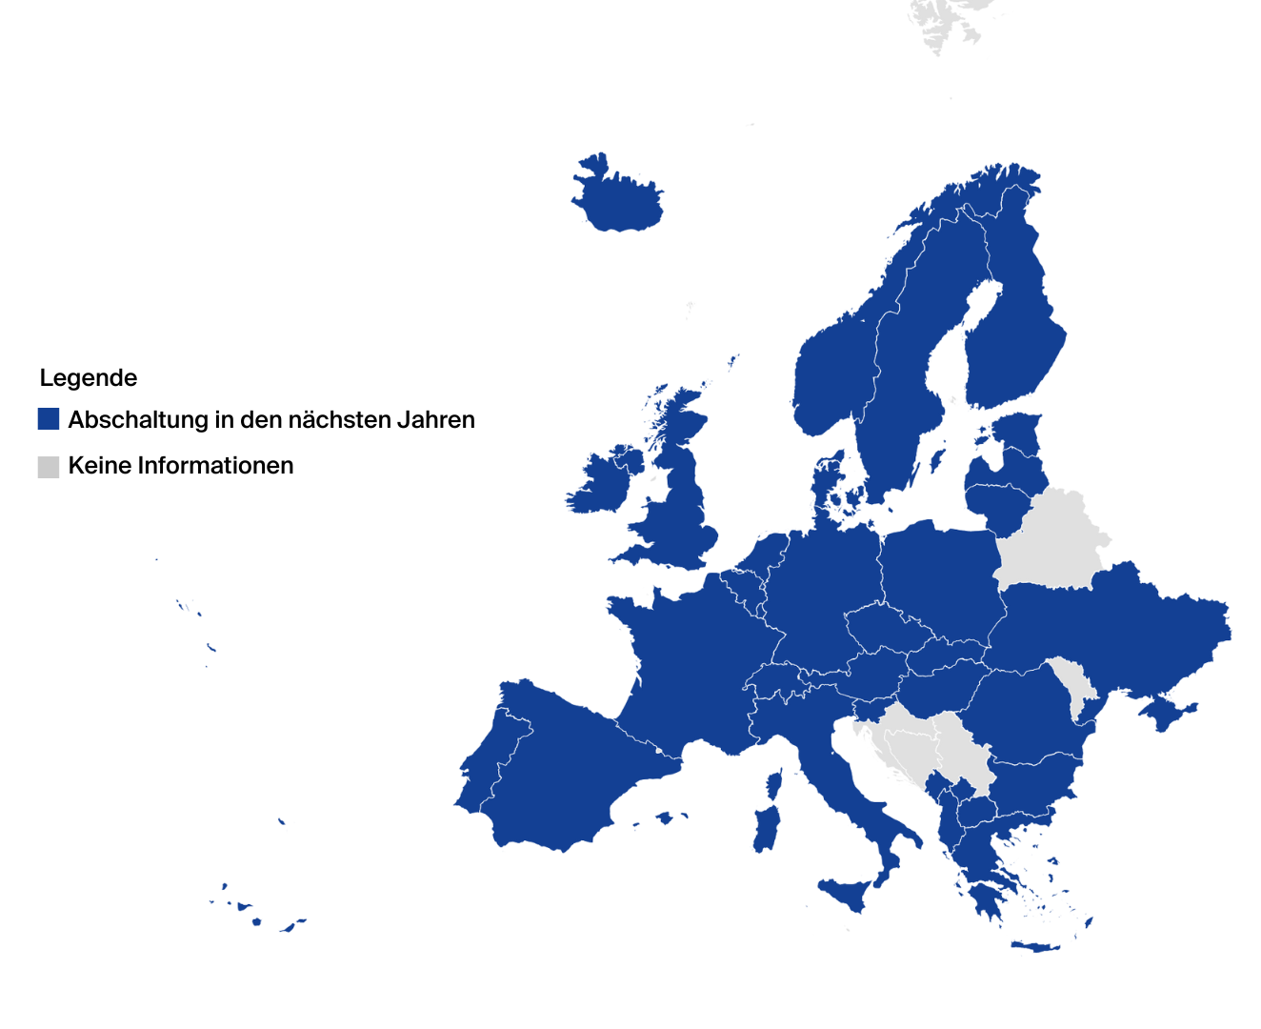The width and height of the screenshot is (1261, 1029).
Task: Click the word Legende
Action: pos(89,378)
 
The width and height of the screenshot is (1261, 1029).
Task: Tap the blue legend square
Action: pos(49,419)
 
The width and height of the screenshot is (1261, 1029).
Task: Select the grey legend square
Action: pos(49,466)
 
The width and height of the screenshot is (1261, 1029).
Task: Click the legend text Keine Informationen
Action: pos(181,466)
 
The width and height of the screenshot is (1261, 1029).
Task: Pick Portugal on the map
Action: pos(480,781)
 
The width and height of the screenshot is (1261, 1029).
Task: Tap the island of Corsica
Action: pos(774,785)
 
